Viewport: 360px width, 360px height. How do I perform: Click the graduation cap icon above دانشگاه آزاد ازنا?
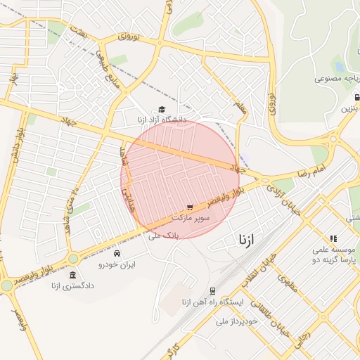162,110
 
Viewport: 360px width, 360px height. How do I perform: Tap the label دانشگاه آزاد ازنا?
163,120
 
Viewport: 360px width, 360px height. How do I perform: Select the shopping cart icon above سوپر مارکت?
190,207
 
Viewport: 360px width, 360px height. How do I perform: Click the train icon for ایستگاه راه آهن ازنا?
212,291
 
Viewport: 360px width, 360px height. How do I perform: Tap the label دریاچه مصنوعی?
324,80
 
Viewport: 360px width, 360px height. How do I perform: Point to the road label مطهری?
287,283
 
